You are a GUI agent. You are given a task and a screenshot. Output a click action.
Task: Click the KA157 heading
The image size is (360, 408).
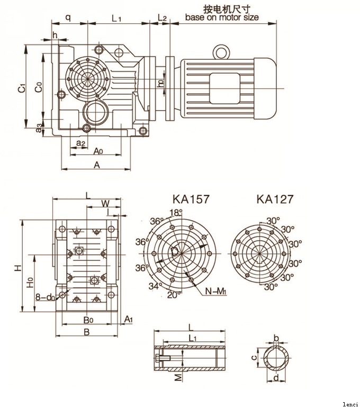coord(191,200)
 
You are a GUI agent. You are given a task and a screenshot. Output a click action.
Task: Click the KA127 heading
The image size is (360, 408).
coord(275,199)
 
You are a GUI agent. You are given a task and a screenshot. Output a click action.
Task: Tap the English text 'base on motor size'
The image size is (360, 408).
coord(222,17)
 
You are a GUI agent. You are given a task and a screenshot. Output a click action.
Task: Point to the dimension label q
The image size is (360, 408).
coord(68,17)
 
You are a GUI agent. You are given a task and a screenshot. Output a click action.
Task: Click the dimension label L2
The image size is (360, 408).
coord(163,18)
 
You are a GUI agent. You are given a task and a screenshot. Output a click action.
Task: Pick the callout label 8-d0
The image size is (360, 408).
coord(45,297)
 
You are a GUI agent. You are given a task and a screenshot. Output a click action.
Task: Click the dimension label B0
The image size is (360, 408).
coord(88,320)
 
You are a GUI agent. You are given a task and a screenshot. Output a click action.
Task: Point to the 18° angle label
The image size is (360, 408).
coord(175,212)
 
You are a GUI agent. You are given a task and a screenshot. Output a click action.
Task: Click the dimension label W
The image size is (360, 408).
coord(105,203)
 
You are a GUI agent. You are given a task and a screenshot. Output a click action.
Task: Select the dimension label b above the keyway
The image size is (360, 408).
coord(276,337)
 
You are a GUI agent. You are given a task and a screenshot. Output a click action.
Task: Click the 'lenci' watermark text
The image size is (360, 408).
coord(350,404)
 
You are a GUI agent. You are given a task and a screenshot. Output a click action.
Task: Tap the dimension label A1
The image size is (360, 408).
coord(128,318)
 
